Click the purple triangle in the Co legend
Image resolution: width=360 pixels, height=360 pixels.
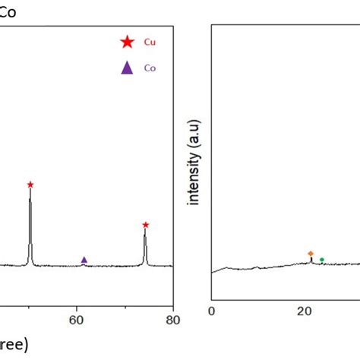coord(127,68)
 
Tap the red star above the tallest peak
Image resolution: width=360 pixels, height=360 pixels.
coord(30,185)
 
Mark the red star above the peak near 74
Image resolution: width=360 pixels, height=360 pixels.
coord(145,225)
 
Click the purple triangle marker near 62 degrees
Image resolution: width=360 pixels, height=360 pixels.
coord(84,260)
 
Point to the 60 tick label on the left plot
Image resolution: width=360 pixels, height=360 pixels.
coord(77,320)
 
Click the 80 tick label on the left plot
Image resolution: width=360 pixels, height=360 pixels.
coord(173,320)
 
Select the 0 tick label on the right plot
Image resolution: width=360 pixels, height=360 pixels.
coord(212,311)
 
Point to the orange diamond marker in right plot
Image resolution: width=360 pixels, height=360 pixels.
coord(311,253)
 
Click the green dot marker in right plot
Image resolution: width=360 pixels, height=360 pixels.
coord(322,260)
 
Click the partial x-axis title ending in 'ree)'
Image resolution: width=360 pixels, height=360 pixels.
coord(14,345)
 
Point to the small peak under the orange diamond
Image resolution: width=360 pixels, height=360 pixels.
coord(311,259)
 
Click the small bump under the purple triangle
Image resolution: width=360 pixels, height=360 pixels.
coord(84,265)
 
